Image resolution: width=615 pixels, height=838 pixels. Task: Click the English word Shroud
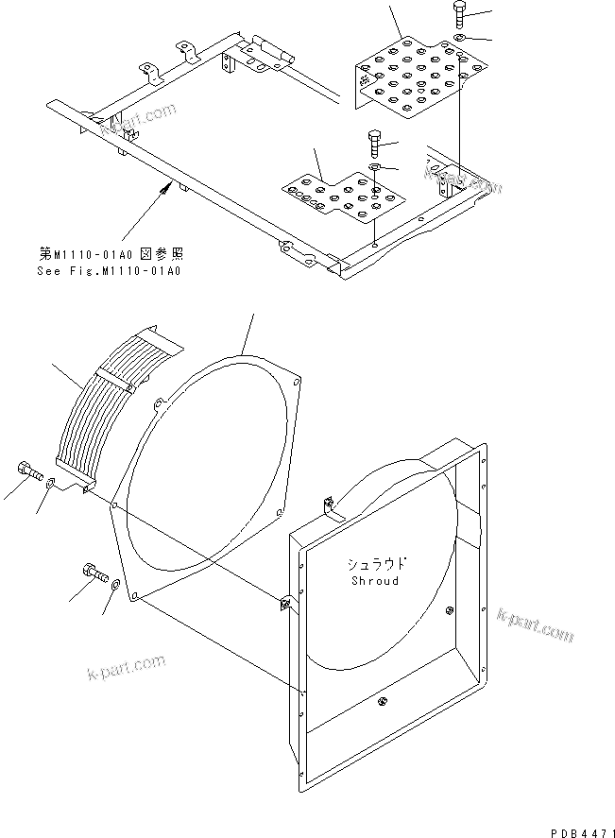pos(374,580)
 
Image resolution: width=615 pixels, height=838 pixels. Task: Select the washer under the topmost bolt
pos(459,37)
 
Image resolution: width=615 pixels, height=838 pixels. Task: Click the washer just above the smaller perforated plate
pos(374,167)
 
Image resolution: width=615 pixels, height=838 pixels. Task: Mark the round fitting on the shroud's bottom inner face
pos(384,700)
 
